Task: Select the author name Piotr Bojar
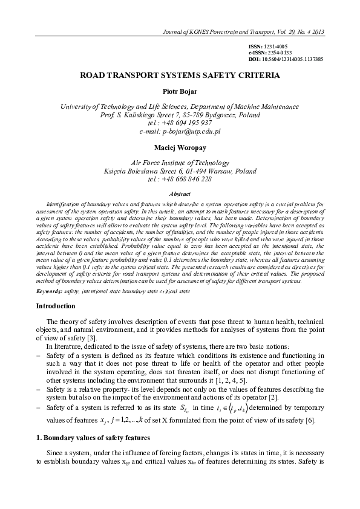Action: (x=180, y=92)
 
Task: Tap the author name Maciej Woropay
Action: (x=180, y=147)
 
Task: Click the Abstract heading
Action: (x=180, y=194)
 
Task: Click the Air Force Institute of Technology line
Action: (x=180, y=163)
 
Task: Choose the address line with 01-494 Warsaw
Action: (x=180, y=170)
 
